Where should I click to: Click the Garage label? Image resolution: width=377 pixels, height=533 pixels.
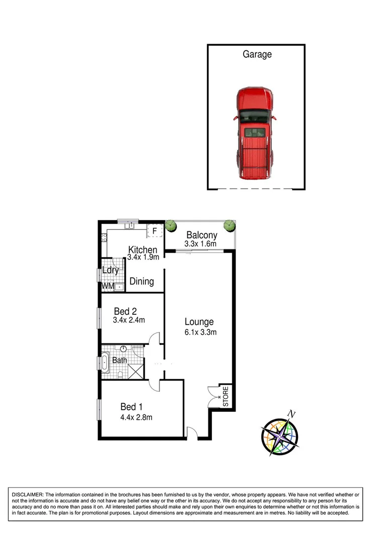[257, 54]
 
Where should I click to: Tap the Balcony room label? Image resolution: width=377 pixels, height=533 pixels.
[201, 235]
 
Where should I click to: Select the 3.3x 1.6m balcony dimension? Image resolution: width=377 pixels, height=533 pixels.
[201, 244]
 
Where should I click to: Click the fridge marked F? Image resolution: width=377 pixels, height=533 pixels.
[155, 231]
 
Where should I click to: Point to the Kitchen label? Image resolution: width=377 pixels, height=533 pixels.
[143, 250]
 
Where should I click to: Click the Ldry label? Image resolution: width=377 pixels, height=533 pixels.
[110, 271]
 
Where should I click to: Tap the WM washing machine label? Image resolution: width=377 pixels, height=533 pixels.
[107, 286]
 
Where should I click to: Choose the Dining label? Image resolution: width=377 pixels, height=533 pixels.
[141, 282]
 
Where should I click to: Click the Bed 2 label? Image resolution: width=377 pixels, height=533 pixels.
[126, 311]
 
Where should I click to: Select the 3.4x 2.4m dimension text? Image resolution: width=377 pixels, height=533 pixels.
[129, 320]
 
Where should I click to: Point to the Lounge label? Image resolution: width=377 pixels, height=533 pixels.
[199, 322]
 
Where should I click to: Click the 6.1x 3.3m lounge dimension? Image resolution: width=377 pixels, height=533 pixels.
[200, 332]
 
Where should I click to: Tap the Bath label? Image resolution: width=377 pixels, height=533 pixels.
[119, 360]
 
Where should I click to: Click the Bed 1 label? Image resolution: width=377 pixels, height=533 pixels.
[131, 407]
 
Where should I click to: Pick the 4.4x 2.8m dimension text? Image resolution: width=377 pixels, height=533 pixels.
[136, 417]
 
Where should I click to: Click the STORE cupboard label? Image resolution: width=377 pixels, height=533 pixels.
[225, 396]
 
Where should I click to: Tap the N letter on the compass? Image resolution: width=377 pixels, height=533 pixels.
[290, 414]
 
